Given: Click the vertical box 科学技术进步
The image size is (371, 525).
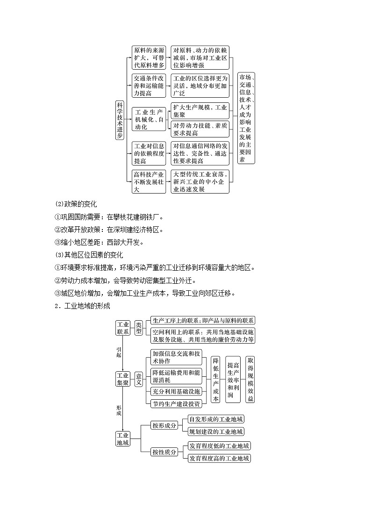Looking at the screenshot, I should [x=120, y=120].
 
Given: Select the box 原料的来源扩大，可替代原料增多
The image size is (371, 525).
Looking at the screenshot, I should [x=149, y=58].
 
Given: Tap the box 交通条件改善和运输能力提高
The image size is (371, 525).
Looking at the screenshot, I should [x=149, y=86].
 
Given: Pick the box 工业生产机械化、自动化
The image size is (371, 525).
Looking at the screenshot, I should [x=149, y=120].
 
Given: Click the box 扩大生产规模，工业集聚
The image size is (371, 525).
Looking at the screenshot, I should [x=200, y=110].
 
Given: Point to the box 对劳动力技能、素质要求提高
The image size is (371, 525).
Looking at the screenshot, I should [x=200, y=129].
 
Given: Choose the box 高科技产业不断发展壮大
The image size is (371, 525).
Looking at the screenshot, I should [x=149, y=182].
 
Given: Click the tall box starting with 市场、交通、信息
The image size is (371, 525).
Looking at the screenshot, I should [x=246, y=118].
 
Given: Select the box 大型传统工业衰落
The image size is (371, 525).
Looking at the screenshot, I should [x=200, y=182].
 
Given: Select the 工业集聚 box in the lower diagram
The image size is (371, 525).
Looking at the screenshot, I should [x=123, y=379].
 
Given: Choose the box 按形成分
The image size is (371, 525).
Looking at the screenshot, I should [x=164, y=425].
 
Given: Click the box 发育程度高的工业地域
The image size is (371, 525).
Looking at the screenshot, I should [x=219, y=458].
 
